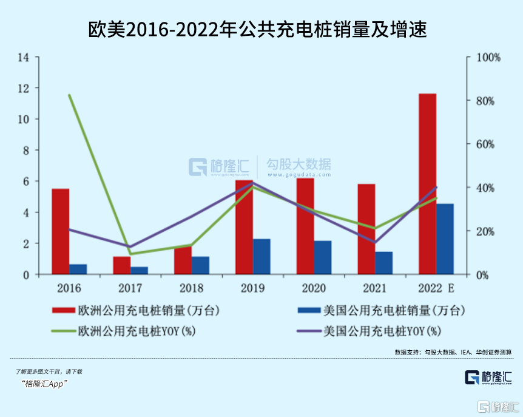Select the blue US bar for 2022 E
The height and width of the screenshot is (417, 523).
click(x=445, y=239)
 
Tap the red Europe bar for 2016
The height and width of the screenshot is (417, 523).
click(x=60, y=231)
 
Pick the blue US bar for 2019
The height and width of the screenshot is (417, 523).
click(x=261, y=257)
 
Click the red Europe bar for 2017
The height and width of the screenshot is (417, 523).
click(x=121, y=266)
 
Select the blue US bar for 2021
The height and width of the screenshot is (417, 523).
click(x=383, y=263)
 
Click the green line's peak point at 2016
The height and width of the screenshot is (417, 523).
click(x=70, y=95)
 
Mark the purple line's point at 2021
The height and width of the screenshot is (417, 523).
click(x=374, y=242)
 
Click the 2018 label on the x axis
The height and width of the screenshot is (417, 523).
click(x=192, y=288)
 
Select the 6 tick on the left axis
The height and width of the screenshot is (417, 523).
click(x=26, y=181)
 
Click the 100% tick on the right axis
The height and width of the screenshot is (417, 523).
click(x=488, y=58)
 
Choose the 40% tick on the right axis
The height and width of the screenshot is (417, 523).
click(x=486, y=188)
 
